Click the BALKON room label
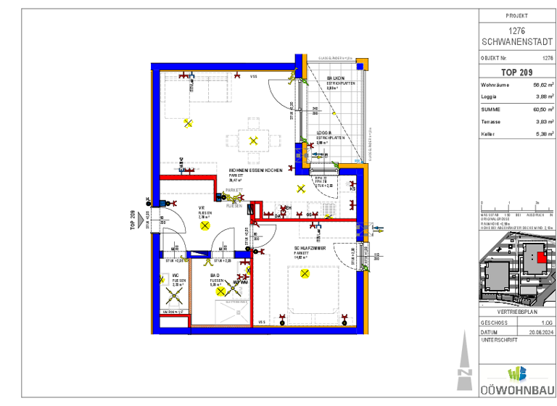tap(335, 78)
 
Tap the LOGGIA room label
tap(324, 133)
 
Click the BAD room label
tap(215, 275)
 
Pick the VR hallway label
tap(202, 207)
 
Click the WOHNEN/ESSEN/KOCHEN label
tap(255, 170)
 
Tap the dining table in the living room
tap(252, 140)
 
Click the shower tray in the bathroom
tap(231, 313)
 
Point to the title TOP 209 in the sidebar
tap(516, 72)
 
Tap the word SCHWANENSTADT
tap(516, 41)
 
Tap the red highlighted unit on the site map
tap(540, 256)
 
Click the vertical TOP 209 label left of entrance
tap(133, 219)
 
